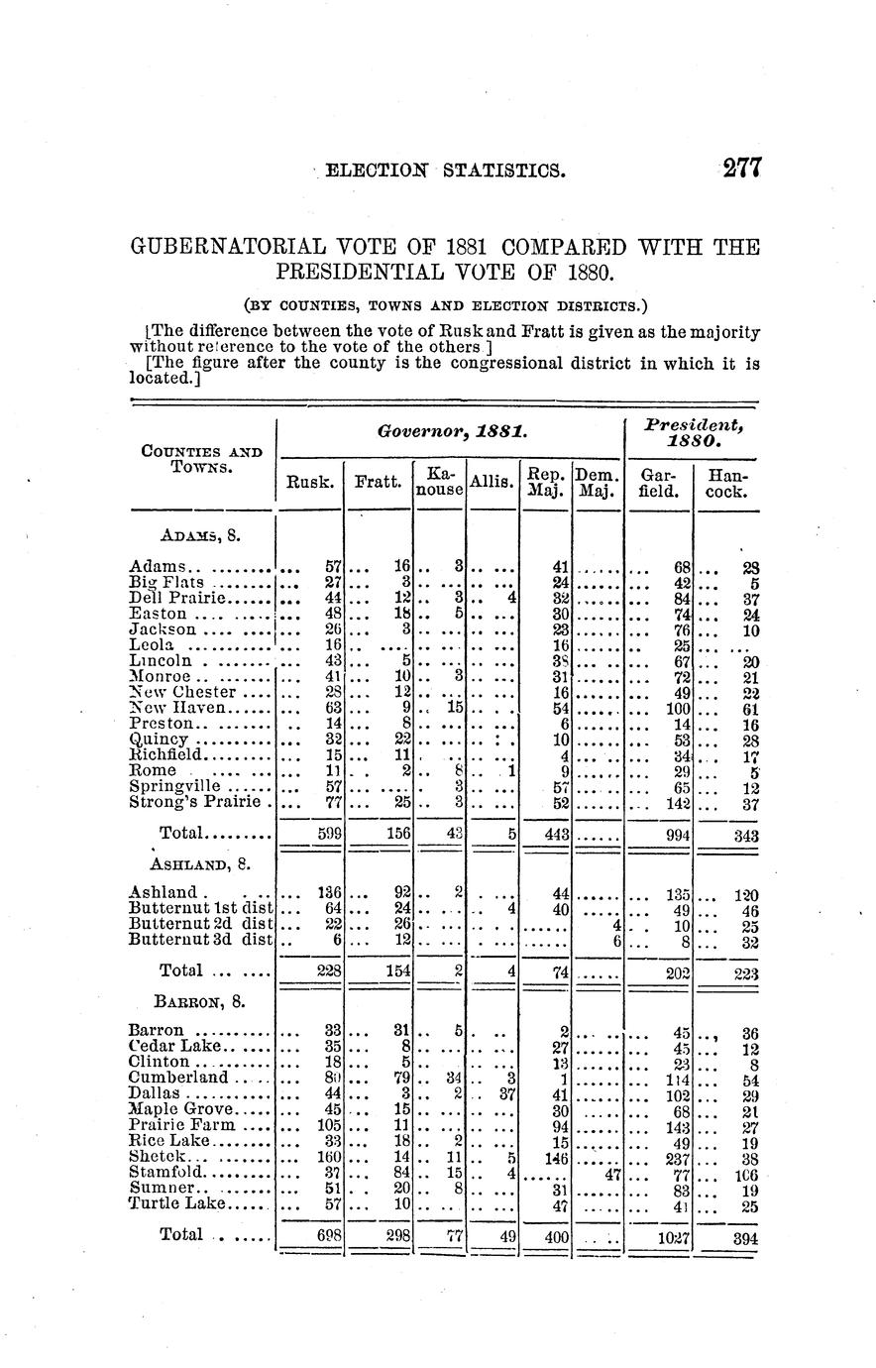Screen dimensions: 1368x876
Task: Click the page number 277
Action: pyautogui.click(x=740, y=169)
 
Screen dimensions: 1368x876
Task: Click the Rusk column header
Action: pyautogui.click(x=309, y=483)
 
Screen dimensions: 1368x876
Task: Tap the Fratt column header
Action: pyautogui.click(x=377, y=483)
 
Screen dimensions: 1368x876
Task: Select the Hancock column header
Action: pyautogui.click(x=727, y=483)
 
